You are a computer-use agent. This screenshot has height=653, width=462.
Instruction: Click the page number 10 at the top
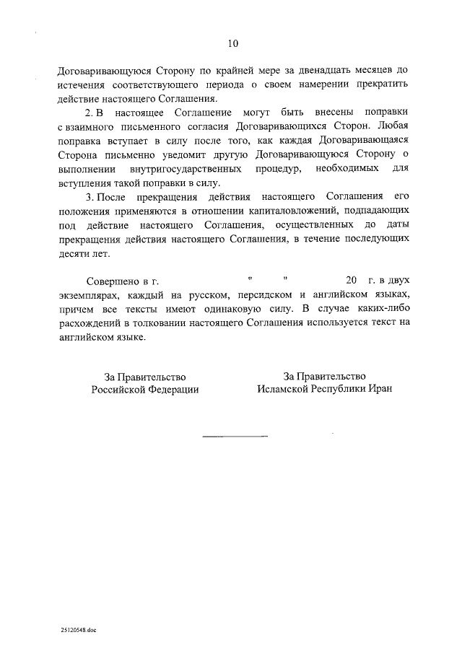[232, 43]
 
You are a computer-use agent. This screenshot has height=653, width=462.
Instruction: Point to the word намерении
[318, 85]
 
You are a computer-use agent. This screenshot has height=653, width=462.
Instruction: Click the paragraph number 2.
[89, 113]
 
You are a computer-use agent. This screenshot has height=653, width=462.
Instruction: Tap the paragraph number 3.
[89, 197]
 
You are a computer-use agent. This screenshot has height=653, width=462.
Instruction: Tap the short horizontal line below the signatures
[234, 437]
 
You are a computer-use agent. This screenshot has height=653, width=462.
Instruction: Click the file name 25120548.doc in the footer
[79, 629]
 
